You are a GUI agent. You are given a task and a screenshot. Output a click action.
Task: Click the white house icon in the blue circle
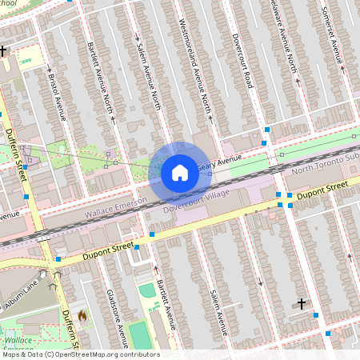click(x=180, y=172)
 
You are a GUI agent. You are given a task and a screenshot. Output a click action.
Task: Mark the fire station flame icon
click(x=81, y=316)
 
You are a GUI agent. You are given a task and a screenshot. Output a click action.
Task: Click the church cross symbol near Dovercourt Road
click(x=301, y=303)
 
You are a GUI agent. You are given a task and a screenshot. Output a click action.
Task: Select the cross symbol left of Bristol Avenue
click(x=4, y=50)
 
